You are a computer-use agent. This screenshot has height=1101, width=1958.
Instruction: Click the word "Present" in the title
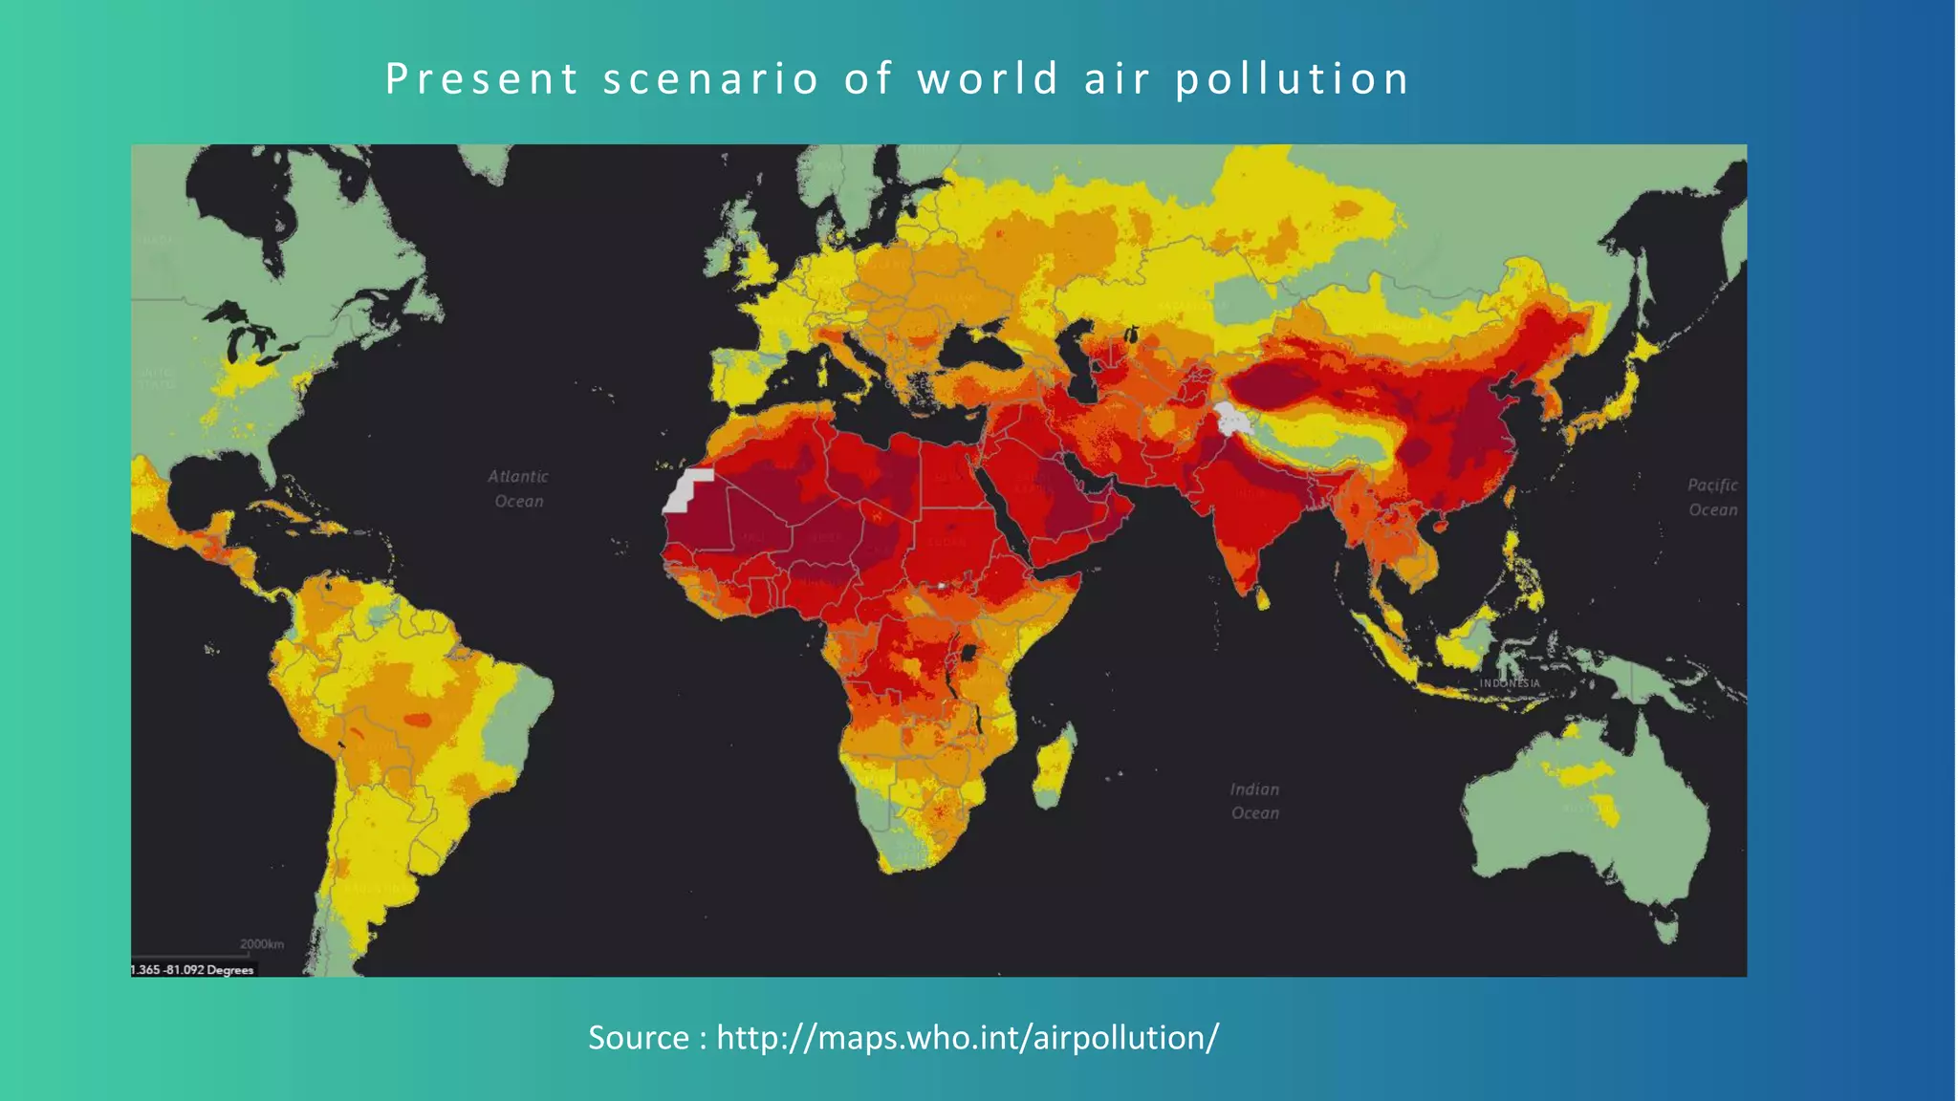click(x=482, y=78)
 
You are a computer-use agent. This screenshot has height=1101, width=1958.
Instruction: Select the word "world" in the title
click(x=988, y=78)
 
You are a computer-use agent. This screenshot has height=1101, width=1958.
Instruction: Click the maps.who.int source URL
click(x=968, y=1037)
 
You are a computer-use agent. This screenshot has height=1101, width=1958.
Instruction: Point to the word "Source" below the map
click(x=638, y=1037)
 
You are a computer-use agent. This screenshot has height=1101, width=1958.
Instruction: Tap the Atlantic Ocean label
click(x=518, y=488)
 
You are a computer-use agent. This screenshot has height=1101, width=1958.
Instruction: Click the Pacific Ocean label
click(x=1712, y=497)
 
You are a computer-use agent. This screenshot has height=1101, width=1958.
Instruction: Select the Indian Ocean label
click(x=1254, y=801)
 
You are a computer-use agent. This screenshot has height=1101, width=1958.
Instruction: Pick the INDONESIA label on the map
click(x=1510, y=683)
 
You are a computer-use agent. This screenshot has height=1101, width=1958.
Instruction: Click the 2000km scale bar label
click(x=261, y=944)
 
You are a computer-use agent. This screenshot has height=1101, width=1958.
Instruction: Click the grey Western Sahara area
click(x=686, y=490)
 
